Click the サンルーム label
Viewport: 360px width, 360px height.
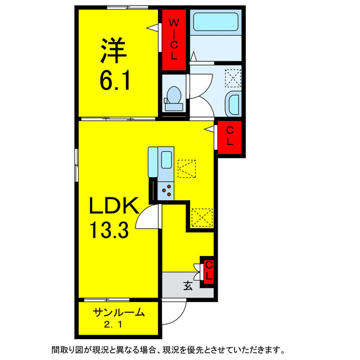click(119, 313)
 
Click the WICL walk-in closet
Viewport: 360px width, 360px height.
click(174, 39)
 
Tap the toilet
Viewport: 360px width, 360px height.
click(172, 99)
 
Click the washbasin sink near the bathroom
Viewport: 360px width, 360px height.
click(232, 103)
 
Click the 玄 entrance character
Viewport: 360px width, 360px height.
click(187, 286)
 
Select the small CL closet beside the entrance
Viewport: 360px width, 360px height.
click(208, 271)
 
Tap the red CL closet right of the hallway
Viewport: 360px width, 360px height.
click(230, 136)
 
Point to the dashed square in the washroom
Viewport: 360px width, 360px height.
click(232, 76)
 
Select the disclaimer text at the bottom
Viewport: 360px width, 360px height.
click(169, 349)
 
